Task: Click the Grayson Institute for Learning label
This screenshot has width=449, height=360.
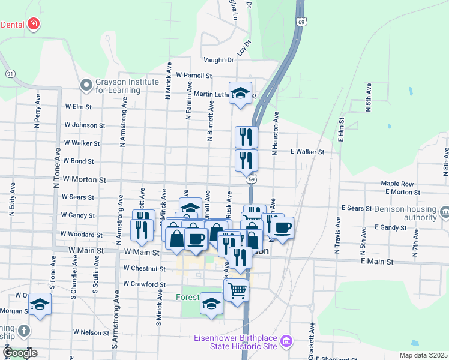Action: point(118,86)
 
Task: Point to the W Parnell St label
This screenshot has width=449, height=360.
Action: point(194,76)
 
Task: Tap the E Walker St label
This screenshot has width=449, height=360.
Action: point(307,152)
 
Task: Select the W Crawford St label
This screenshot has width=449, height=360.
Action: point(144,284)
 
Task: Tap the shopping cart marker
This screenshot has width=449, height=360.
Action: point(237,290)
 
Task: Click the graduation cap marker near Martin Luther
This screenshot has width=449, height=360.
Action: point(241,93)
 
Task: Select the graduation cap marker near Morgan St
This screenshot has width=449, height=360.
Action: point(40,306)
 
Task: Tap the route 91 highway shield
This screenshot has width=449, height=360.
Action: point(10,73)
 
